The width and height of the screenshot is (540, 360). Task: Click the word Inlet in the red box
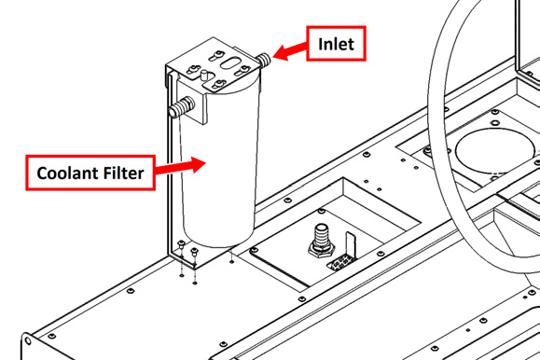(336, 44)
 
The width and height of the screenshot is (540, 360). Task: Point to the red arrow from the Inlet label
(290, 51)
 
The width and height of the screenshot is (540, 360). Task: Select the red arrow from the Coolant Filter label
(180, 166)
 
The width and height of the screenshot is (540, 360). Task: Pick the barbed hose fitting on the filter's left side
(182, 107)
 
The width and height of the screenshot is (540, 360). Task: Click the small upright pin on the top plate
(204, 76)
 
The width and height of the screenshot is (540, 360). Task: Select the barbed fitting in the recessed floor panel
(321, 239)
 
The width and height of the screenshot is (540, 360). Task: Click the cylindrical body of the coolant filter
(219, 165)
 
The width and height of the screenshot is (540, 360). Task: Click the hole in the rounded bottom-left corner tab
(28, 341)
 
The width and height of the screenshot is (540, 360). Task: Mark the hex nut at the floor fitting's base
(321, 250)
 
